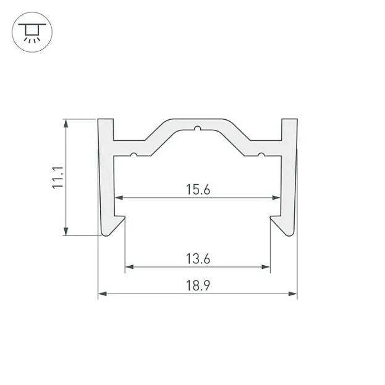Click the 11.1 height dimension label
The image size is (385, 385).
pos(57,177)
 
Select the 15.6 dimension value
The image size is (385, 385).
pos(198,190)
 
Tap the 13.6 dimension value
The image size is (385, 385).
pos(198,259)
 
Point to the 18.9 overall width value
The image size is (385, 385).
pos(198,286)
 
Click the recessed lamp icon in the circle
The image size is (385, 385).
pos(32,32)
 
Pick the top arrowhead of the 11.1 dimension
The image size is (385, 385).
pos(66,124)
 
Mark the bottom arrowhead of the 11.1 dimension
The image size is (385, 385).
pos(66,231)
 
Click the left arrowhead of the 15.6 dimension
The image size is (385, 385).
pos(119,198)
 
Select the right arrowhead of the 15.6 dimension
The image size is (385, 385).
pos(276,198)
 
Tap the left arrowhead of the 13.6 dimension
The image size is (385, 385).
pos(129,267)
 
